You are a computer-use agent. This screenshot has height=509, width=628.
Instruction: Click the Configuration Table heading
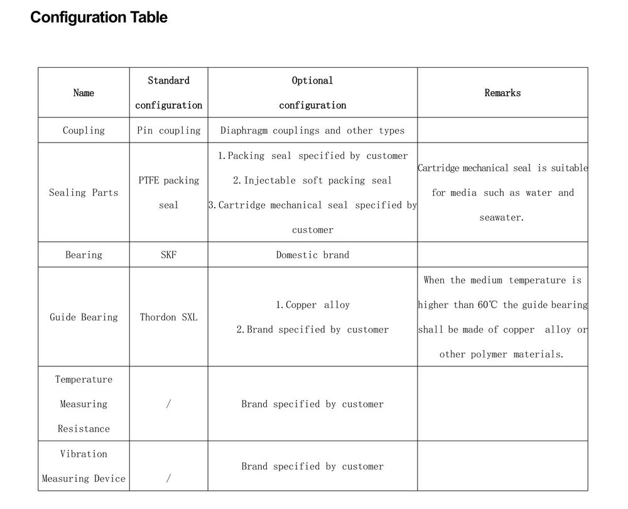(x=99, y=17)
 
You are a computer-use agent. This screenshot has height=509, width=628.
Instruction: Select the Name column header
(x=84, y=93)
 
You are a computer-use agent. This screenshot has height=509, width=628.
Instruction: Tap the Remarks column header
(x=502, y=93)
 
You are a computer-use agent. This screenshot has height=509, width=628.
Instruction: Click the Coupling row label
(x=84, y=131)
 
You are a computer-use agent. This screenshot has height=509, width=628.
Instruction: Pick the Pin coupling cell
(x=168, y=131)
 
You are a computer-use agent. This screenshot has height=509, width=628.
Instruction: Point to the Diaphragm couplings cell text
(x=312, y=131)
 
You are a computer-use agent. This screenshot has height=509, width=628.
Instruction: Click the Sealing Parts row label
(x=84, y=193)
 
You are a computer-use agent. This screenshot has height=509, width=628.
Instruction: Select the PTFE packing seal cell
(x=168, y=192)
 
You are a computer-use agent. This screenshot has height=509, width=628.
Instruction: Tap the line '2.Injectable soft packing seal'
(x=312, y=180)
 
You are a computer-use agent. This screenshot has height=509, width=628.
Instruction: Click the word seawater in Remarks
(x=501, y=217)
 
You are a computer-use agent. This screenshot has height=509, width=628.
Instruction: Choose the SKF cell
(x=168, y=255)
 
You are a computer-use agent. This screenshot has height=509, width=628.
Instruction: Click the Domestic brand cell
(x=312, y=255)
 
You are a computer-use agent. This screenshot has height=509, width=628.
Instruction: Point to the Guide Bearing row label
(x=84, y=317)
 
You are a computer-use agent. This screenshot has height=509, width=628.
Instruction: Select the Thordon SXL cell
(x=168, y=317)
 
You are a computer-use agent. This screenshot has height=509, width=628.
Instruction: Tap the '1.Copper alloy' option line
(x=312, y=305)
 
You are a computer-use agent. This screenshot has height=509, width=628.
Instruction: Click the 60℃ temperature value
(x=487, y=305)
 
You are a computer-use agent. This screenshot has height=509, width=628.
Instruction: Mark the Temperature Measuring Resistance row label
(x=84, y=404)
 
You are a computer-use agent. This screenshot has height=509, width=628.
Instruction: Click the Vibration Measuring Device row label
(x=84, y=466)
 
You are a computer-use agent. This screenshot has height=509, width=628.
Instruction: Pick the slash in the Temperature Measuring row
(x=168, y=404)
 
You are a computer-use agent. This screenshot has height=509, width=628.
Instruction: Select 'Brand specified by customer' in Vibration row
(x=312, y=466)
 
